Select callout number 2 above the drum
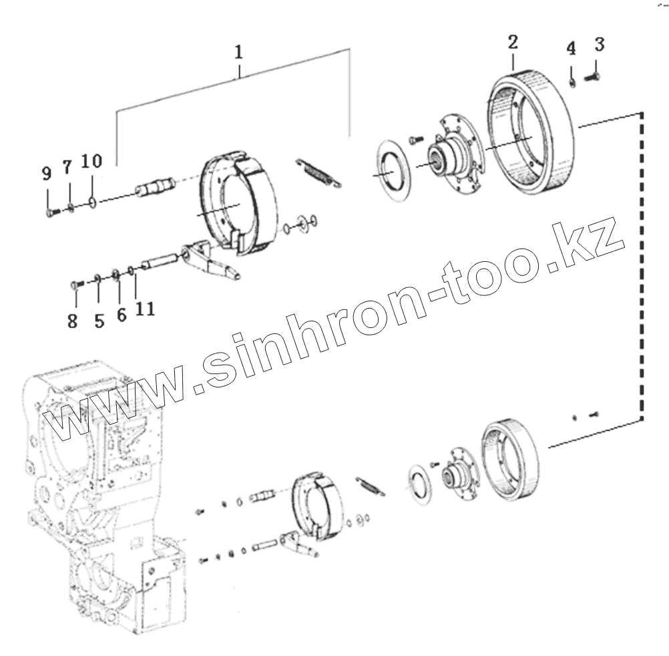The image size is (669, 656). (x=512, y=43)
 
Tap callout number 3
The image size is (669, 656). (x=599, y=45)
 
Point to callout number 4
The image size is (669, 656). (x=571, y=48)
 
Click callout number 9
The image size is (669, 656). (x=46, y=174)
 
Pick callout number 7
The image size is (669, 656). (x=67, y=168)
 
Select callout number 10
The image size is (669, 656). (x=92, y=161)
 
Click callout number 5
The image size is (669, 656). (x=99, y=321)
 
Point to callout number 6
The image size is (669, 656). (x=122, y=315)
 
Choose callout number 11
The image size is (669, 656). (x=146, y=309)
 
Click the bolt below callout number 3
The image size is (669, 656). (x=592, y=77)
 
